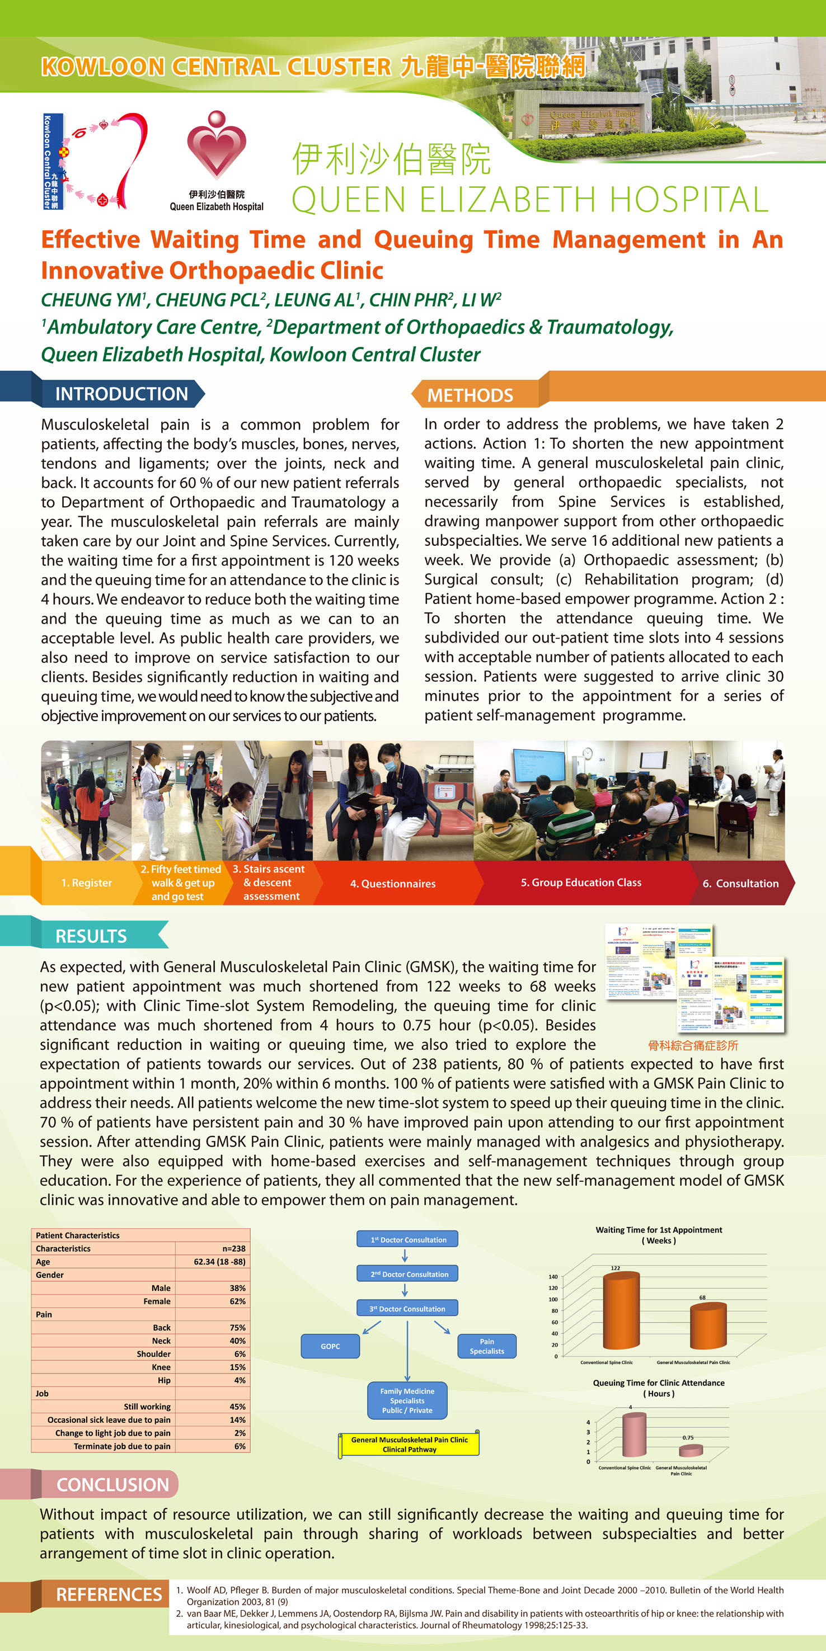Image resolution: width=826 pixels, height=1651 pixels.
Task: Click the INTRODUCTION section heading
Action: (121, 394)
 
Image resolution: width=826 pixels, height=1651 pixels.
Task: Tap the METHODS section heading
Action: (470, 395)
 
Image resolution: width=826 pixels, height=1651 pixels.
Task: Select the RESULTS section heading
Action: (91, 936)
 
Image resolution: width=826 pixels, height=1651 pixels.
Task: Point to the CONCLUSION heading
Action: (112, 1484)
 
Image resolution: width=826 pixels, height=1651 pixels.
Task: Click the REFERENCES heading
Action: (109, 1594)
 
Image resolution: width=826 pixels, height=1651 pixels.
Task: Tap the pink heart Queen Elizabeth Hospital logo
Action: (217, 146)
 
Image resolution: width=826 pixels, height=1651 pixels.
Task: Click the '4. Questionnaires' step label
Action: (392, 883)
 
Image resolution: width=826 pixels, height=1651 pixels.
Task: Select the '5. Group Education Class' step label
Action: (581, 883)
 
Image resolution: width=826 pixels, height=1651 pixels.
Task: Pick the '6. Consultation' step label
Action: (740, 883)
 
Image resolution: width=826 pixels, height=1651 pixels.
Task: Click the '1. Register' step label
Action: (87, 883)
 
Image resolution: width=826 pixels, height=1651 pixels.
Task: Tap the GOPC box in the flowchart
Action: (330, 1346)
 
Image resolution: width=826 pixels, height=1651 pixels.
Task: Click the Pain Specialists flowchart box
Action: (487, 1346)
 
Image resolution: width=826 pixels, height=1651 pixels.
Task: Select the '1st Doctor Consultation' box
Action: (408, 1239)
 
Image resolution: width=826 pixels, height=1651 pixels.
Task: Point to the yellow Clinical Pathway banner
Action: (409, 1444)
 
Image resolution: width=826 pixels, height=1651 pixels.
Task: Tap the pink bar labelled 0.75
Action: (690, 1450)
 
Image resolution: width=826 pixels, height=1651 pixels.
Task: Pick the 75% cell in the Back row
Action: (237, 1327)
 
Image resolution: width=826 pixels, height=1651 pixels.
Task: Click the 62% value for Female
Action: (237, 1301)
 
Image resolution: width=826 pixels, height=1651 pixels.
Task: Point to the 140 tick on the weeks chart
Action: (553, 1276)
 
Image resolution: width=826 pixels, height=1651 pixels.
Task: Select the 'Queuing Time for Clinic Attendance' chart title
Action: (659, 1383)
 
